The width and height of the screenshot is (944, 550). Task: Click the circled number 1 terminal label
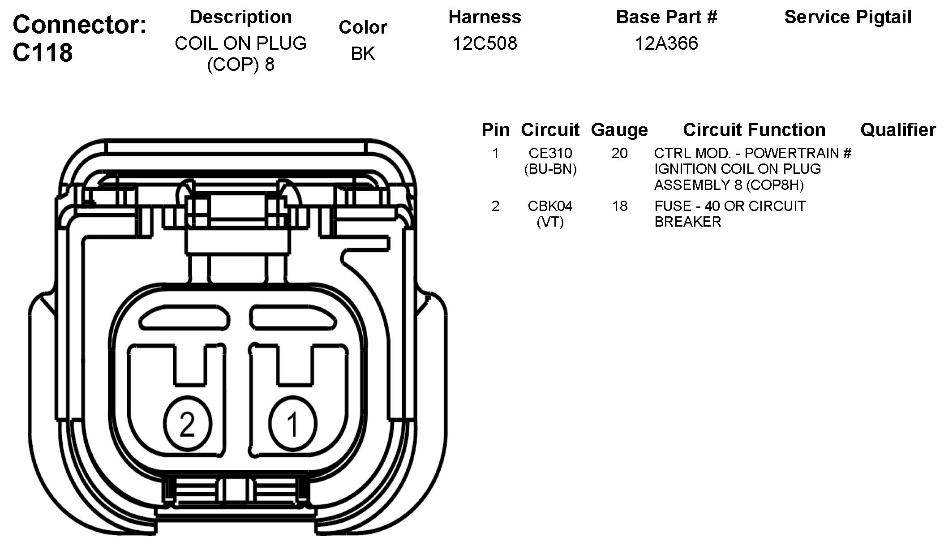tap(293, 424)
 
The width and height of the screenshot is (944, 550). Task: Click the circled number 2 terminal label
tap(187, 424)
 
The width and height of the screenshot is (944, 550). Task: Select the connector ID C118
tap(43, 52)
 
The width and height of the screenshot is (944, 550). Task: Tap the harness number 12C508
tap(485, 43)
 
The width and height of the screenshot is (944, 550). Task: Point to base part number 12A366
tap(666, 43)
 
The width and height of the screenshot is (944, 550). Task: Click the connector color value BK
tap(363, 54)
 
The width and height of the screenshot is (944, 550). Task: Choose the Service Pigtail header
tap(848, 17)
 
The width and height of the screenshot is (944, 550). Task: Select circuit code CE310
tap(550, 153)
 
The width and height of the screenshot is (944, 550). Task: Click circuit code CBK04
tap(550, 206)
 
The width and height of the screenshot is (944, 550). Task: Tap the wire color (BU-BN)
tap(550, 169)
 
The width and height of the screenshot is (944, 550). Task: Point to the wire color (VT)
tap(550, 222)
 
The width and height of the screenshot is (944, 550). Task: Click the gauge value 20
tap(619, 153)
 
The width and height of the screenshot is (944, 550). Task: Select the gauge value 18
tap(619, 206)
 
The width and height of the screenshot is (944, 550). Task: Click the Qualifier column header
tap(898, 130)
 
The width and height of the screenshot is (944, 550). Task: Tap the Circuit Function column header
tap(754, 130)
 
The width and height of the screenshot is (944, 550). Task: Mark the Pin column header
tap(495, 130)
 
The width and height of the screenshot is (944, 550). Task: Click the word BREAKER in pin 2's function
tap(687, 222)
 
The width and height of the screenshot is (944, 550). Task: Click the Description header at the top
tap(240, 17)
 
